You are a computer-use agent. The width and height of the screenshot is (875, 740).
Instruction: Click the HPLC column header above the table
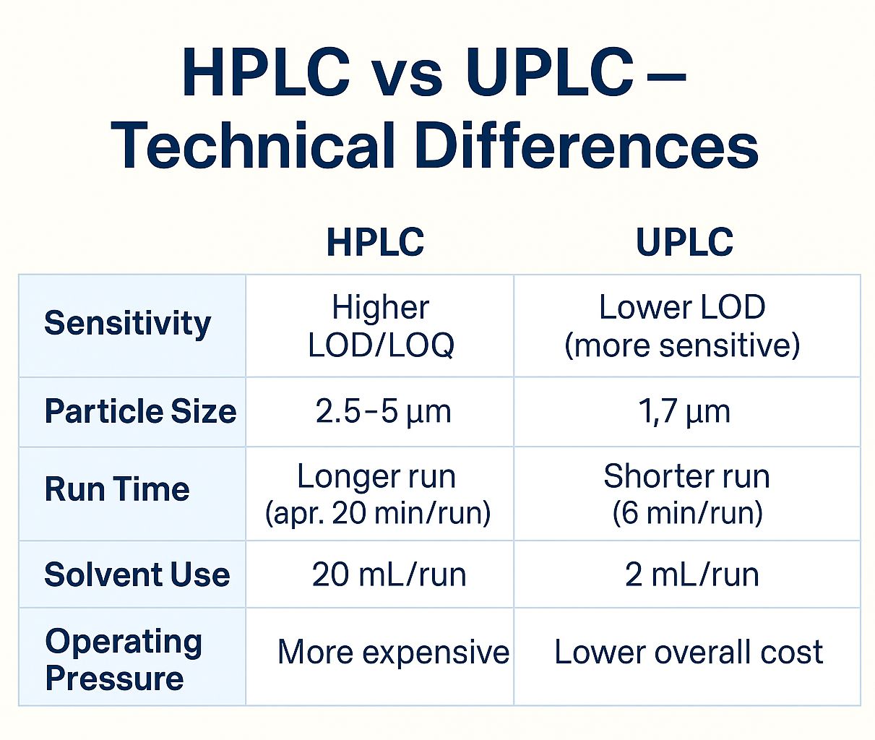click(x=375, y=242)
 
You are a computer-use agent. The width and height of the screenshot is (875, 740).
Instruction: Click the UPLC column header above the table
click(x=684, y=242)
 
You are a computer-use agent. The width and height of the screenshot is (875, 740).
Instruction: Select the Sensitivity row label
click(x=127, y=323)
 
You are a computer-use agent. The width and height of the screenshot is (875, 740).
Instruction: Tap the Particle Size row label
click(x=140, y=411)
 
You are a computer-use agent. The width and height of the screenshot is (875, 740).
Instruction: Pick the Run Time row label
click(x=117, y=489)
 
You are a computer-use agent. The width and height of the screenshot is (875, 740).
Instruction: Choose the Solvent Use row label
click(x=137, y=575)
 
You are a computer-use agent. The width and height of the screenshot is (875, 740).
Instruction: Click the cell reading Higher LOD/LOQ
click(x=381, y=326)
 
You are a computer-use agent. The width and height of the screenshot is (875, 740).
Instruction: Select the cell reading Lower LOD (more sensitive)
click(x=682, y=326)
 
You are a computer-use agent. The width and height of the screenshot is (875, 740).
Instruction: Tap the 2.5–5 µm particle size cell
click(x=383, y=411)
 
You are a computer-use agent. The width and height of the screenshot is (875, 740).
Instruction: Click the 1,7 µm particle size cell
click(x=684, y=411)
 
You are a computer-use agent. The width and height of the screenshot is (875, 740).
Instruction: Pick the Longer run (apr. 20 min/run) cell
click(x=377, y=494)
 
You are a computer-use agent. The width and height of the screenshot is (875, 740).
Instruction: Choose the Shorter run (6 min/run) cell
click(x=686, y=494)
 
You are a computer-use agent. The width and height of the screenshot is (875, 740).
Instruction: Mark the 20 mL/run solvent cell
click(x=389, y=575)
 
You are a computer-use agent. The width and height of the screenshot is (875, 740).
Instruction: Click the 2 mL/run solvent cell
click(x=691, y=575)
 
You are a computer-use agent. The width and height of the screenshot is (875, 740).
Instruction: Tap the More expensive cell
click(x=393, y=652)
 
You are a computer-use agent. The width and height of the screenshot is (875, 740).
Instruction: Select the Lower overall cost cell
click(x=688, y=652)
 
